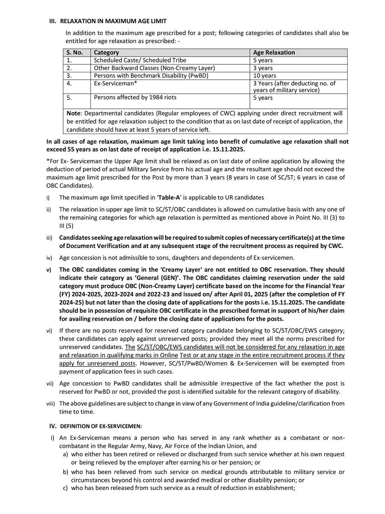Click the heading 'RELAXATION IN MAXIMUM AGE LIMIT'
(x=113, y=21)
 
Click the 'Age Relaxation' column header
(x=274, y=52)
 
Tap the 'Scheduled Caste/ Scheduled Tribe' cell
(x=140, y=60)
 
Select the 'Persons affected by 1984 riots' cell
(x=135, y=97)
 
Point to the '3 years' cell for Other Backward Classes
(x=263, y=68)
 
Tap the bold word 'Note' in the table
(x=74, y=114)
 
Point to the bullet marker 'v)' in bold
(x=48, y=270)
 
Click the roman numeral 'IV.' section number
(x=53, y=426)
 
